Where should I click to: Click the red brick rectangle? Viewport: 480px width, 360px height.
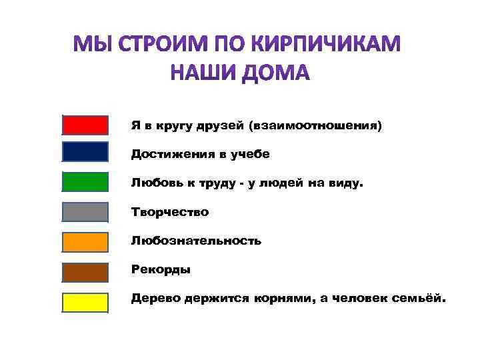click(85, 125)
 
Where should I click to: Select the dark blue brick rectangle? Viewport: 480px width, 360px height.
click(85, 152)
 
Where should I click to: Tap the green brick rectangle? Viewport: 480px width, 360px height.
click(85, 182)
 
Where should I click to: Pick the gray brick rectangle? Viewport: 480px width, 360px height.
click(85, 212)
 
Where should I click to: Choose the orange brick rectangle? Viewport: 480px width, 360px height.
click(85, 242)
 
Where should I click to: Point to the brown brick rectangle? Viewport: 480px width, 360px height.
click(85, 272)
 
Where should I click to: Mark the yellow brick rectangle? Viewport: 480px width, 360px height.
click(85, 302)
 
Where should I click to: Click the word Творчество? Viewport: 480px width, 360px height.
click(169, 212)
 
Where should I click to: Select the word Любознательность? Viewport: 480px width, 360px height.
click(196, 241)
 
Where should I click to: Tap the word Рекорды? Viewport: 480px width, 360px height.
click(161, 270)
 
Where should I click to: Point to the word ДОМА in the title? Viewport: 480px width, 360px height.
click(273, 72)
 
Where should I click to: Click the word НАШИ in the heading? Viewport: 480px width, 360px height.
click(197, 72)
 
